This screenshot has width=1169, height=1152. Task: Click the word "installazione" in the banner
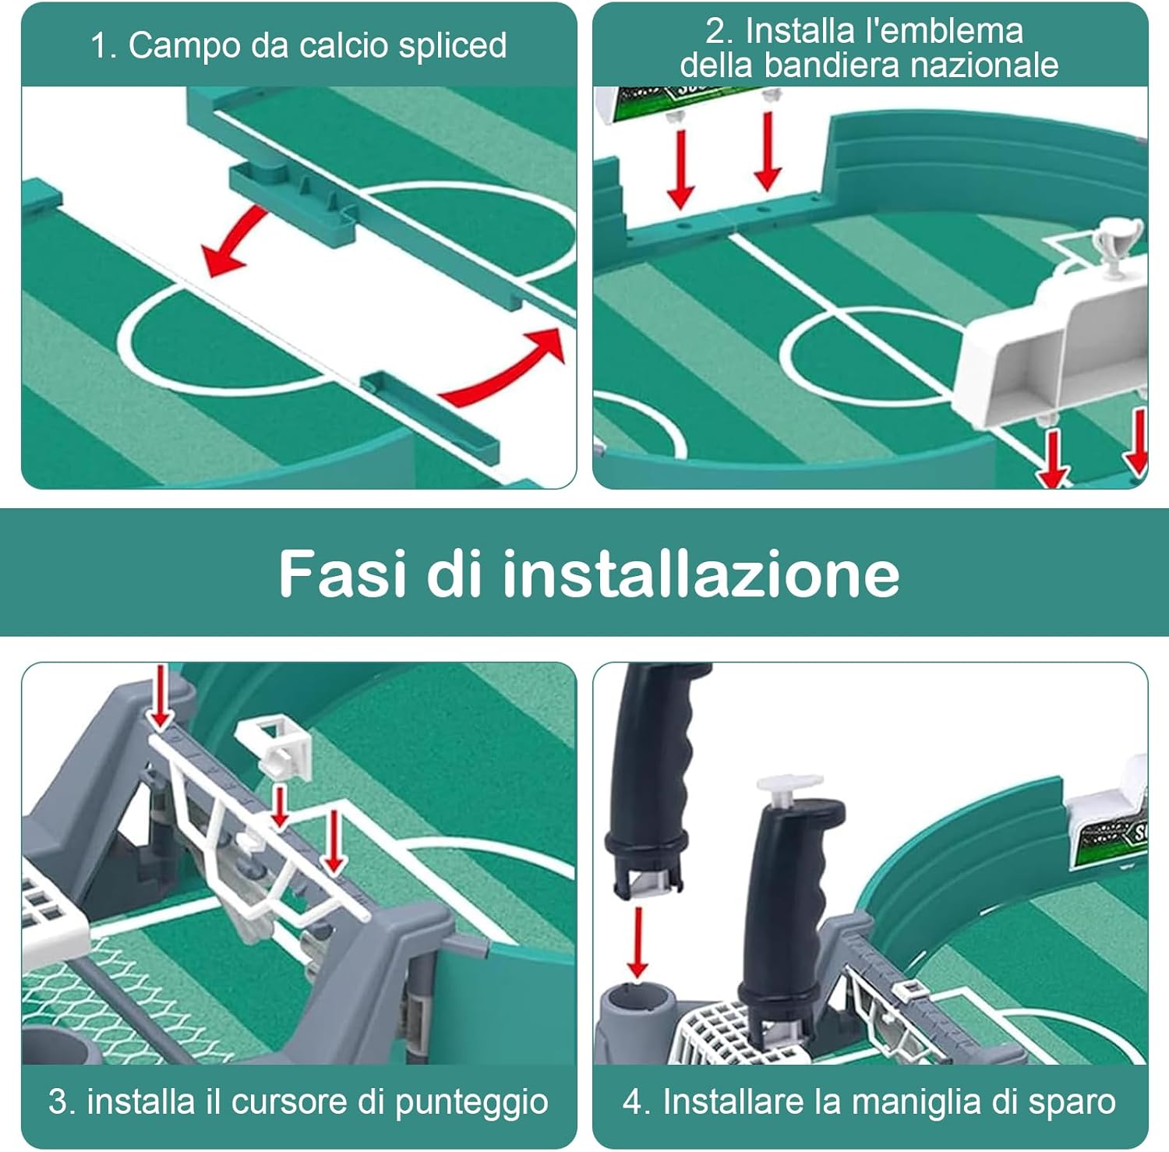[x=701, y=573]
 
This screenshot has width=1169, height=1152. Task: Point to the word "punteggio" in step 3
[x=471, y=1103]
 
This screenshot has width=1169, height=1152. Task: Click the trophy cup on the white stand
[x=1117, y=245]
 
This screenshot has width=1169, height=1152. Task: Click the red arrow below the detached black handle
[x=637, y=942]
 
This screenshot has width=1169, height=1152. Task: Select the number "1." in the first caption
[x=103, y=46]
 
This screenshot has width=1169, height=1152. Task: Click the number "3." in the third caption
[x=62, y=1102]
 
